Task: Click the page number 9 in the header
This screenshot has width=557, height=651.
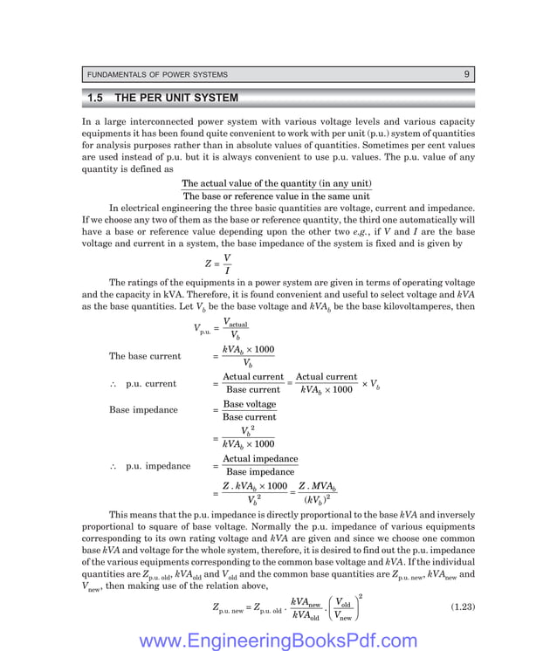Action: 467,74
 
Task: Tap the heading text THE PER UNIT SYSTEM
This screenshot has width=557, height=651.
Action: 176,98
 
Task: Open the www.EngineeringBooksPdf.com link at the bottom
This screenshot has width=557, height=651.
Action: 278,641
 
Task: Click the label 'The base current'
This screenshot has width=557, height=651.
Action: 145,356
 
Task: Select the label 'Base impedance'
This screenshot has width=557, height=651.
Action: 143,410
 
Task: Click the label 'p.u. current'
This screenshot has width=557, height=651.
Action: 150,383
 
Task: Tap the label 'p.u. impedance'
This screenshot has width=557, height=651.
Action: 157,466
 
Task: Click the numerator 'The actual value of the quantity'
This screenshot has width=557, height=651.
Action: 276,184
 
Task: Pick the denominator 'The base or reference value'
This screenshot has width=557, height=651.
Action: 276,196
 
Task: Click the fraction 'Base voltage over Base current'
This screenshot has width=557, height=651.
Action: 249,410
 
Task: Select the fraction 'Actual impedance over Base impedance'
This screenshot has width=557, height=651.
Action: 259,465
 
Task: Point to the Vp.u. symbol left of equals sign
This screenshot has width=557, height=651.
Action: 202,329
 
